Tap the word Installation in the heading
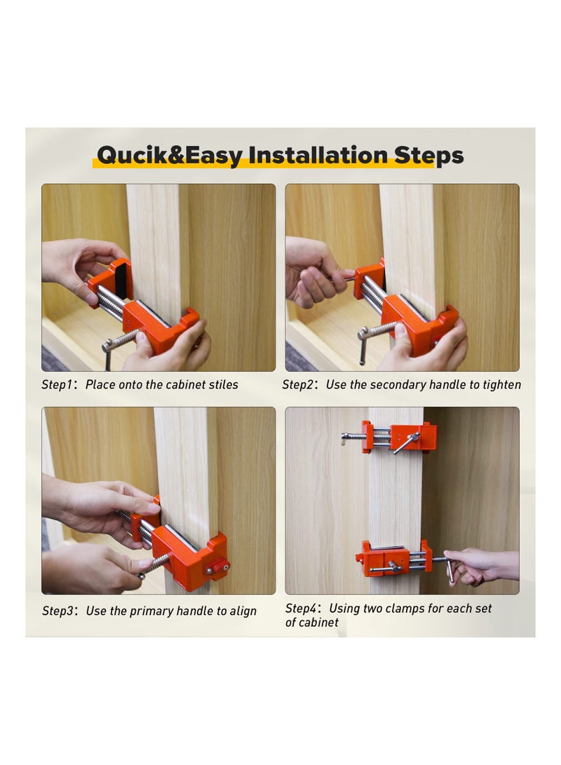pos(318,155)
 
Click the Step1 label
pos(57,385)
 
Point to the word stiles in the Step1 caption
pos(224,384)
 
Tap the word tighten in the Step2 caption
pos(502,385)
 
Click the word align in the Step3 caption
pos(243,611)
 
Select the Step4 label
pos(302,609)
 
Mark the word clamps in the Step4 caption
pos(405,609)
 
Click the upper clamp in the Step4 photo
pos(389,438)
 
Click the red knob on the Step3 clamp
pos(217,567)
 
